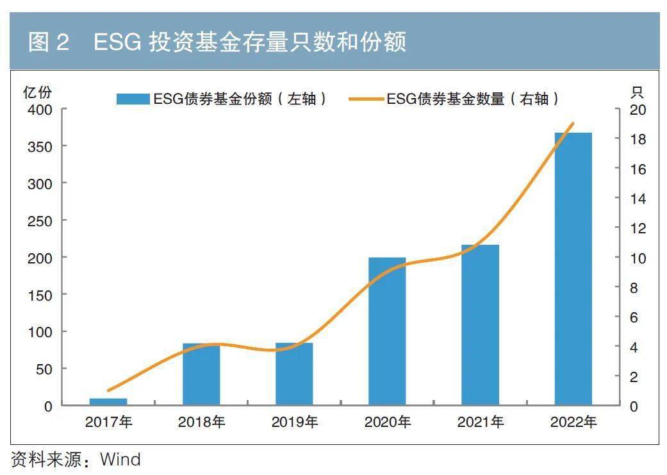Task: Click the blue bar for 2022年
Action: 573,269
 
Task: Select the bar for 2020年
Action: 387,331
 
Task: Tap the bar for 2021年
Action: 480,324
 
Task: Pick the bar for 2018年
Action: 201,374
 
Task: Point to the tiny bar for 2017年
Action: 108,401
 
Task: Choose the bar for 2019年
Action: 294,374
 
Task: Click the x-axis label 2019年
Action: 294,422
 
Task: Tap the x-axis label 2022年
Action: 573,422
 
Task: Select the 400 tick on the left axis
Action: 40,110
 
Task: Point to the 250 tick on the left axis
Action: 40,221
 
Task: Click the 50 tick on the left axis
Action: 43,369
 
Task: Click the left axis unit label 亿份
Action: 36,92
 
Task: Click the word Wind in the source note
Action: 120,459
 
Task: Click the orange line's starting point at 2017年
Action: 108,390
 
